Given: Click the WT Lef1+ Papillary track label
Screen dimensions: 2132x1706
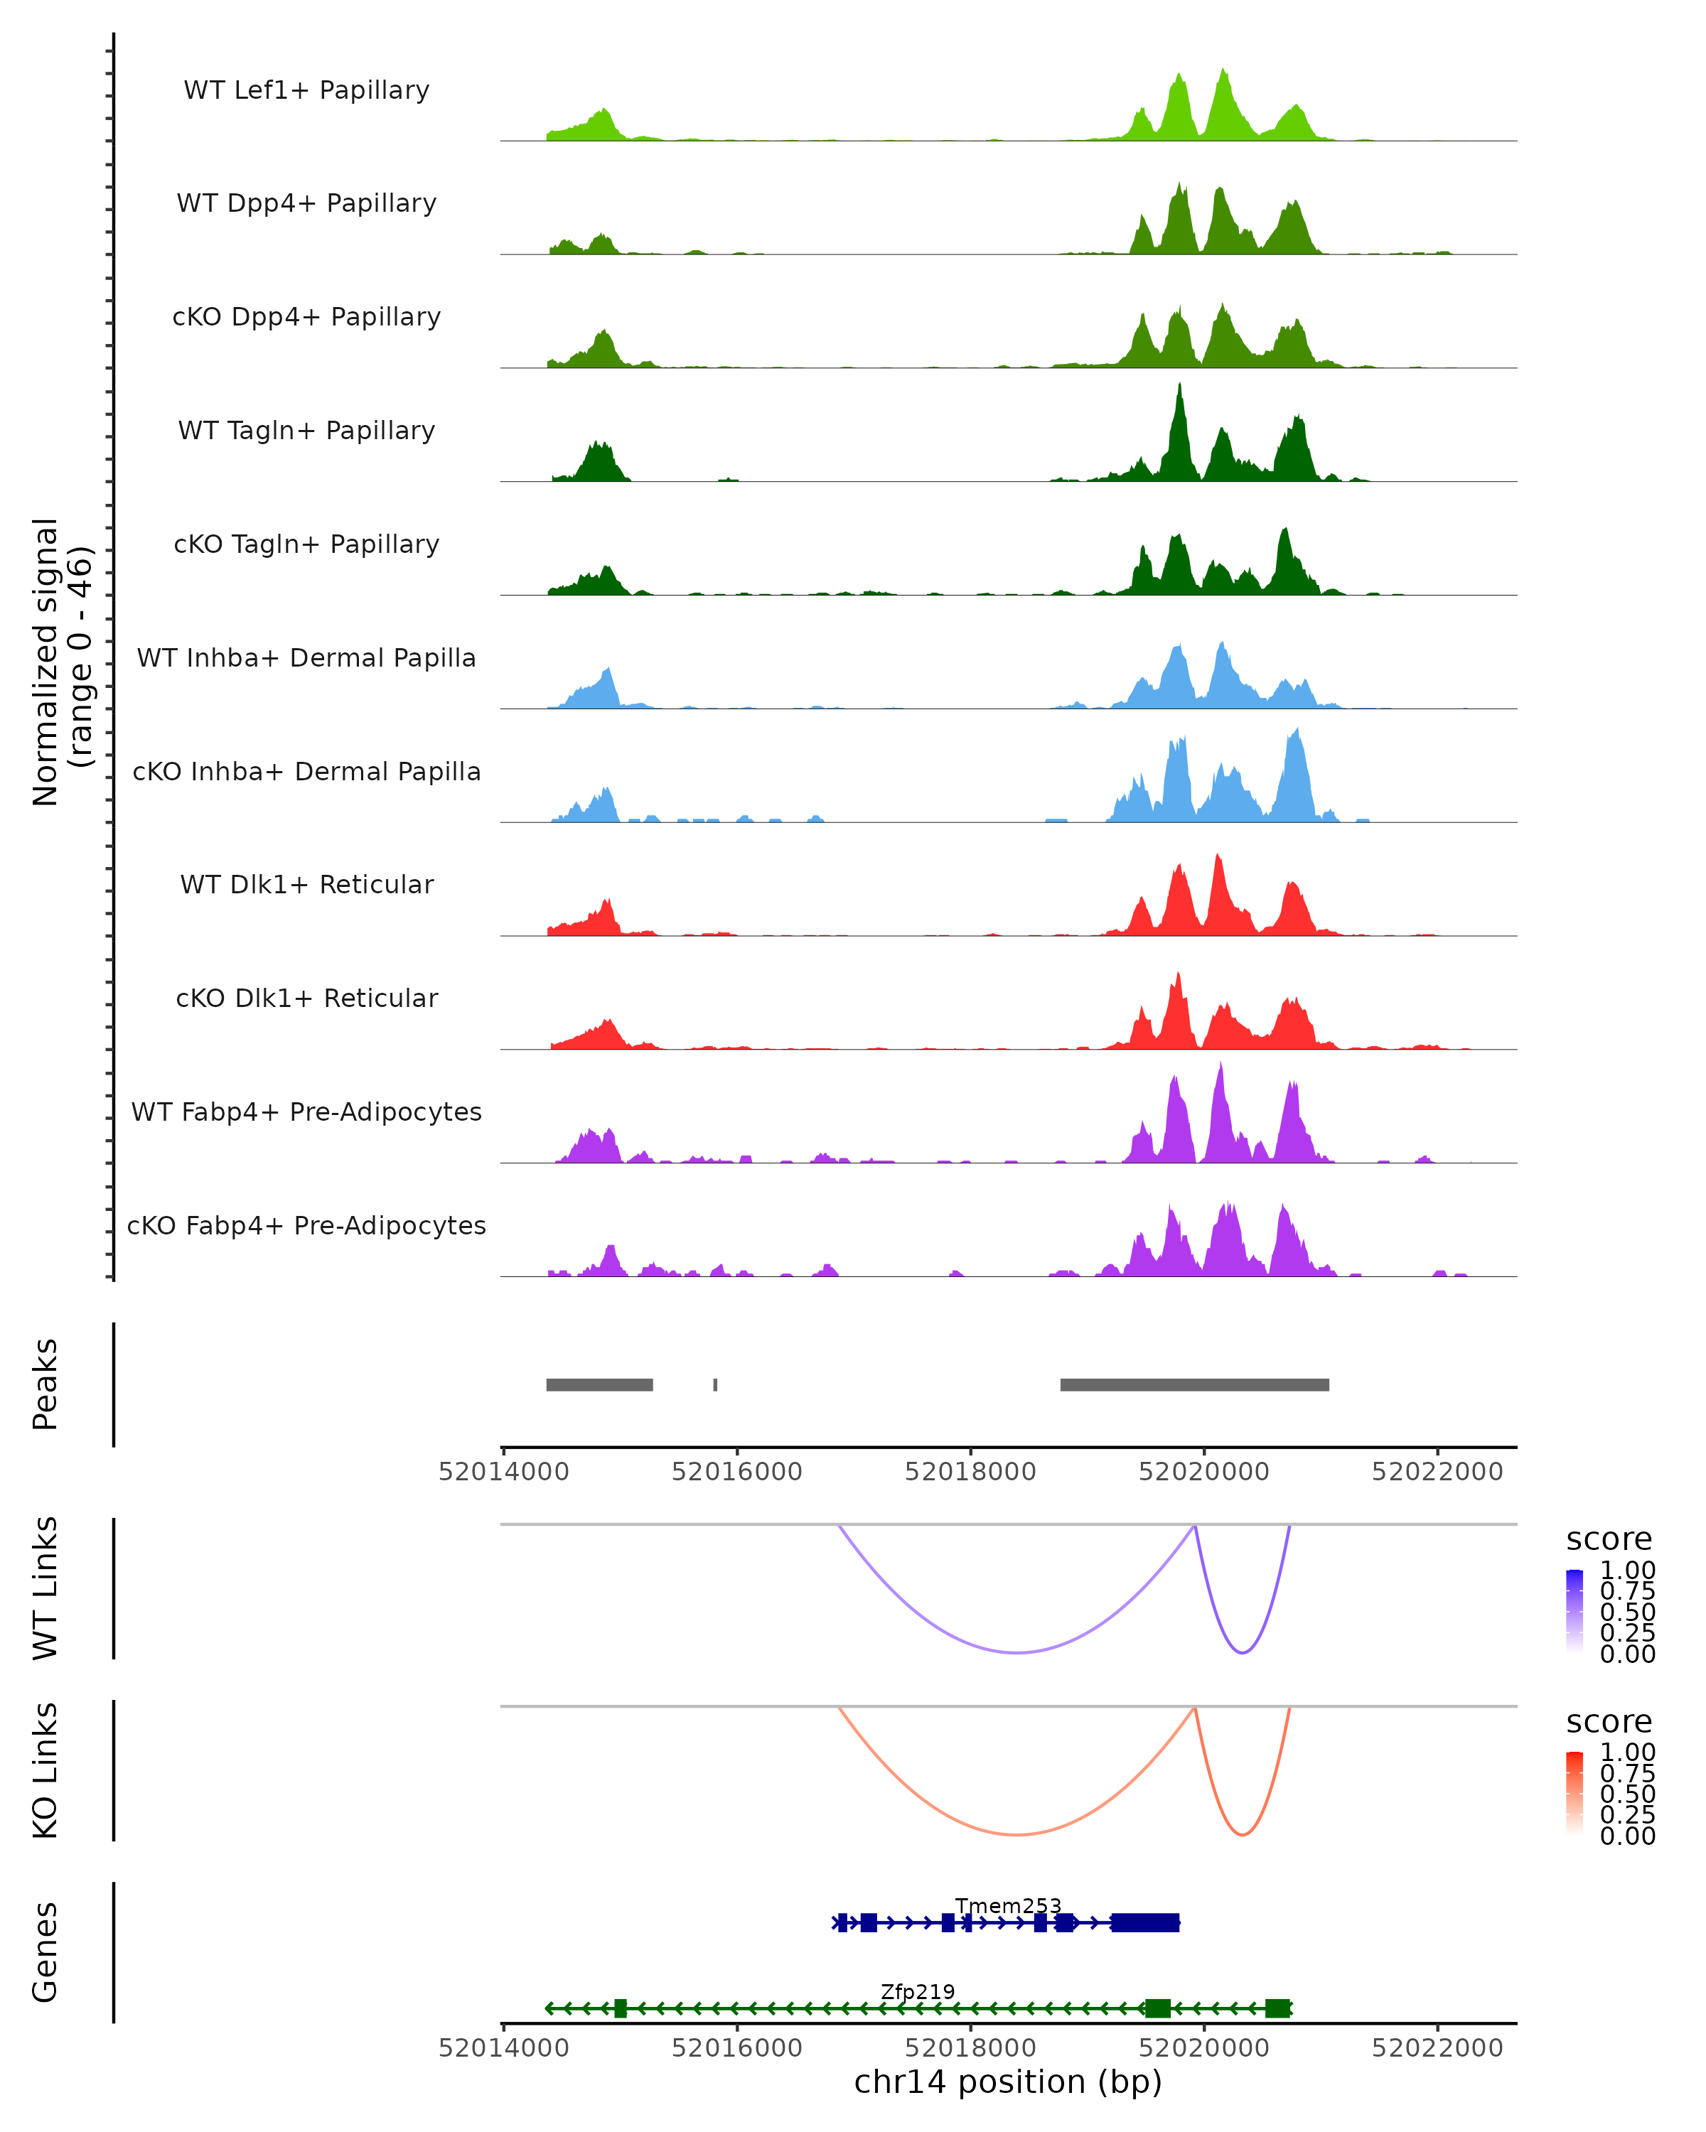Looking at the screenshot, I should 306,90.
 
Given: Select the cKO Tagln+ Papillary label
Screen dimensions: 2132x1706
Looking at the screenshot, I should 306,544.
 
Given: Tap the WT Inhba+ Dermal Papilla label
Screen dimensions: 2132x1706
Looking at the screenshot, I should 306,657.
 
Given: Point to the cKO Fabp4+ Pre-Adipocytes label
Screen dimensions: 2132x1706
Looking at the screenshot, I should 306,1225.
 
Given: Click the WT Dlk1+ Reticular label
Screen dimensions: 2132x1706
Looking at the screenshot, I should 306,884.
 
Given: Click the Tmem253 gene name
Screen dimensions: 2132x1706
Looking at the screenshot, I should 1008,1905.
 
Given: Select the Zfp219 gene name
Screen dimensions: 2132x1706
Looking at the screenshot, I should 918,1991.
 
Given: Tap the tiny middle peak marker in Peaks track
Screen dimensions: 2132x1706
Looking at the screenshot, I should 715,1384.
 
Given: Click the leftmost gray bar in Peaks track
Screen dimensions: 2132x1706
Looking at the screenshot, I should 599,1384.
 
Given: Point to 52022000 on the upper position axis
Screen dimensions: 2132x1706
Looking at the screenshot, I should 1437,1472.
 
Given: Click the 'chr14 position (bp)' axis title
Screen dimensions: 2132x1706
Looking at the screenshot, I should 1008,2082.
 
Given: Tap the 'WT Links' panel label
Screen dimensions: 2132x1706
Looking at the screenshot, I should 45,1588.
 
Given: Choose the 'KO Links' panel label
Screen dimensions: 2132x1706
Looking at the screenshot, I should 45,1770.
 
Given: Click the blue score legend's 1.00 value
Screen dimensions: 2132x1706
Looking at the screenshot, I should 1627,1571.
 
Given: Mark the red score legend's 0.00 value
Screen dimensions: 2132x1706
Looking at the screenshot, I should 1627,1836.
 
